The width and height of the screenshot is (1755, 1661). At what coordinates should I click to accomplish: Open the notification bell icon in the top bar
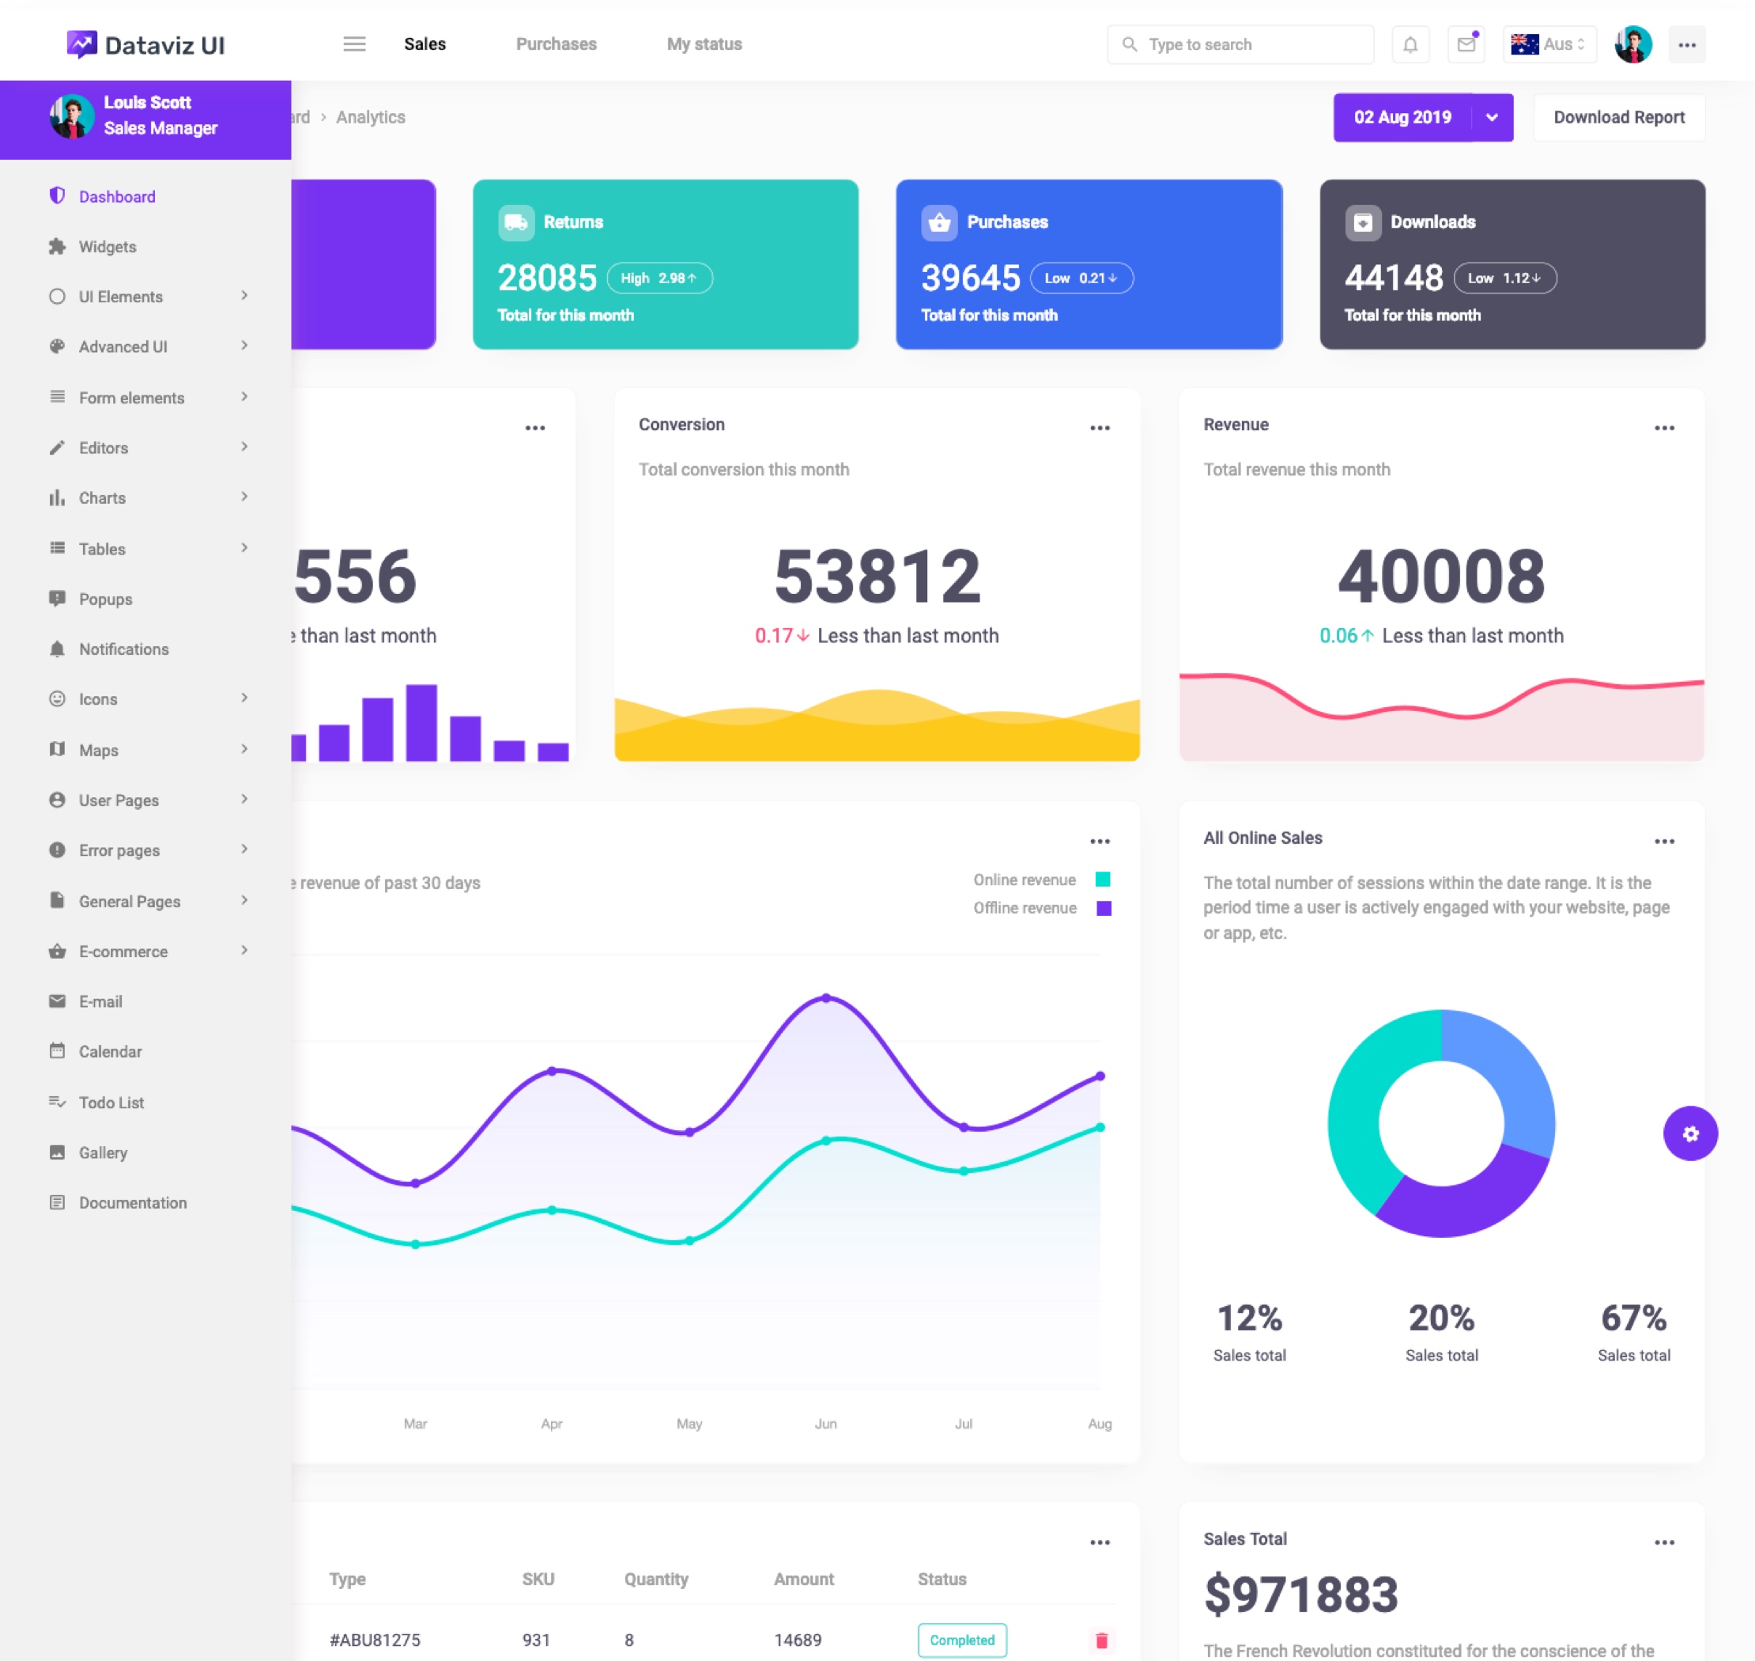point(1410,44)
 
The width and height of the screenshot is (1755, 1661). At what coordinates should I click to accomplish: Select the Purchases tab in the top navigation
point(556,44)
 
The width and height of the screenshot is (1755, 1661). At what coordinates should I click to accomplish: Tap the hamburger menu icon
point(354,44)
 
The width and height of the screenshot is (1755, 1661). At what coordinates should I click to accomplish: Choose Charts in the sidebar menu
point(102,498)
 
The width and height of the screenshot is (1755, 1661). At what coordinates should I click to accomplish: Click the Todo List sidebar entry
point(111,1103)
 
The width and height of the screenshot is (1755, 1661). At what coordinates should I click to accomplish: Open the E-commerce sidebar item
point(123,952)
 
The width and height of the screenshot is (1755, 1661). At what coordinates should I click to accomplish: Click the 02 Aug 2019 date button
point(1402,117)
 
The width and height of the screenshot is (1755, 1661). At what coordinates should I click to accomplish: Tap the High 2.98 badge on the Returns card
point(659,278)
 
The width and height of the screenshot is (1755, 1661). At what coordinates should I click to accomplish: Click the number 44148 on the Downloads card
point(1393,278)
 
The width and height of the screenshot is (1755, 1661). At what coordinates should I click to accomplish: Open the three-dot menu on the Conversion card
point(1099,428)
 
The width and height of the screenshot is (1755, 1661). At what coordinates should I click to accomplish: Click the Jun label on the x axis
point(825,1424)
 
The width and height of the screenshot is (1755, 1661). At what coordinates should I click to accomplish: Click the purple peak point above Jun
point(826,998)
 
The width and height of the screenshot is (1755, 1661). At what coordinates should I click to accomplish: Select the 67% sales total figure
point(1633,1319)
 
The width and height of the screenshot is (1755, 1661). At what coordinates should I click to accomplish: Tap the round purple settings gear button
point(1689,1133)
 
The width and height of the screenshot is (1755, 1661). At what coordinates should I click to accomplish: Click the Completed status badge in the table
point(961,1640)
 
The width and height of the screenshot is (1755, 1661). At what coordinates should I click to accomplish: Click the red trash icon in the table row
point(1101,1640)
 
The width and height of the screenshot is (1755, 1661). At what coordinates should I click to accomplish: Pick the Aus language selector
point(1549,44)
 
